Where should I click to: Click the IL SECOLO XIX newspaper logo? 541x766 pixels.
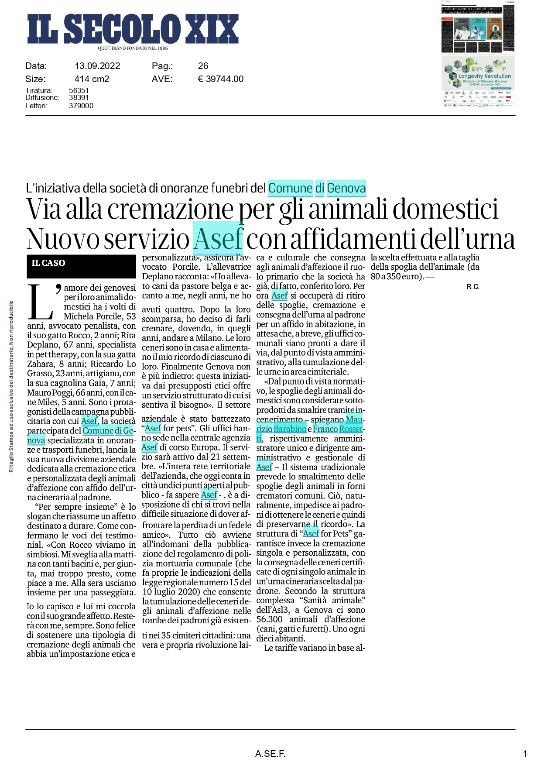[133, 29]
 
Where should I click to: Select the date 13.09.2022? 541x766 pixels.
[97, 66]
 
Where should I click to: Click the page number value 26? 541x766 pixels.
[203, 66]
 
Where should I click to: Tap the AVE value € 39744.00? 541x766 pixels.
[220, 79]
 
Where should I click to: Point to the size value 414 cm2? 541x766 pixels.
[92, 79]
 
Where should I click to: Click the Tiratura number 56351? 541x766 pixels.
[79, 90]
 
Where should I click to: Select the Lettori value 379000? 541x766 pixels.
[81, 106]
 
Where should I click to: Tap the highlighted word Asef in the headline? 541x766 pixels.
[218, 239]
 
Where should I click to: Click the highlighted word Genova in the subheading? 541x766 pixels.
[346, 188]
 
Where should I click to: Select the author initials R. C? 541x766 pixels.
[473, 287]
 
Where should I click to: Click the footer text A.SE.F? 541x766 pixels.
[270, 754]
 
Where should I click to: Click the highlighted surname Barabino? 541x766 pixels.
[290, 429]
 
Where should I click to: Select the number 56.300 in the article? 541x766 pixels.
[269, 620]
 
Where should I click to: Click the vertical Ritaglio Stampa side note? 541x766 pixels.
[11, 386]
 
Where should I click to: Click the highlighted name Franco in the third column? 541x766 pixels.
[325, 429]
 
